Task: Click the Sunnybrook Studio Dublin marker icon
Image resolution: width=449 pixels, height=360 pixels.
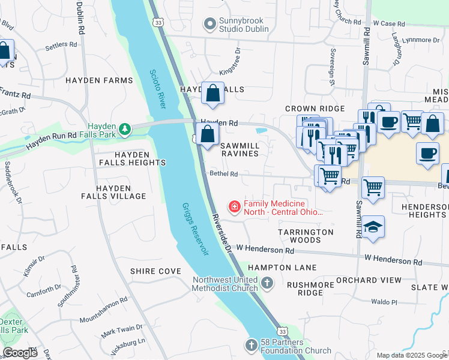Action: [209, 25]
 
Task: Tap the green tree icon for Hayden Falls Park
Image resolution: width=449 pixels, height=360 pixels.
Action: [124, 129]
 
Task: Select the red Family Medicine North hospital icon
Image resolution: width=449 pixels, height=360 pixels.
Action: [234, 207]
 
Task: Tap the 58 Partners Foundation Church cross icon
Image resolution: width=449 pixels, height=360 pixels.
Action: [252, 345]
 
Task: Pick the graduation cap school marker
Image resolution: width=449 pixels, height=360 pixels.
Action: [373, 227]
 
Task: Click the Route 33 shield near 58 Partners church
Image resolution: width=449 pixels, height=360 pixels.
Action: [282, 331]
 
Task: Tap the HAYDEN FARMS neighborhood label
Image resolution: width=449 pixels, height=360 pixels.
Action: [99, 80]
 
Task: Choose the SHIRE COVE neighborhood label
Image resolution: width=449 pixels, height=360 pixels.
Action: [155, 271]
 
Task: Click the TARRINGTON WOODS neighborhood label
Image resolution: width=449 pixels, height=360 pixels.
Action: [306, 236]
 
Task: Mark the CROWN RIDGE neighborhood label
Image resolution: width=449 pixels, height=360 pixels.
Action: [315, 109]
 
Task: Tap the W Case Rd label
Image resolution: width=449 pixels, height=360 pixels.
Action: [389, 23]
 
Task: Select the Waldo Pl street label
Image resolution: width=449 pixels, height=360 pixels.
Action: [384, 302]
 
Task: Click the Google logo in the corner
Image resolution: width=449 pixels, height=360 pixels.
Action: [20, 353]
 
